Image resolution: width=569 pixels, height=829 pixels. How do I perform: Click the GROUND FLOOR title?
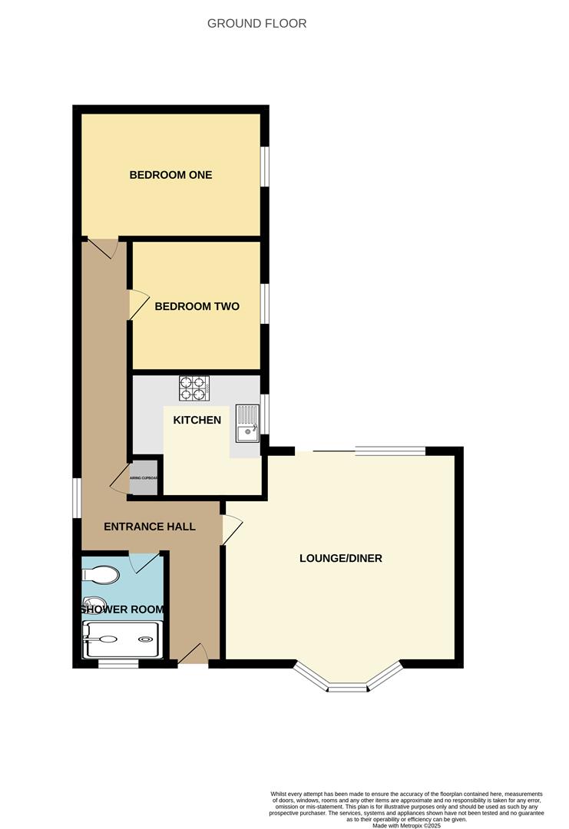(x=256, y=24)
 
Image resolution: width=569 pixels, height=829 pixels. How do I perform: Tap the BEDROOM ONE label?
(x=170, y=175)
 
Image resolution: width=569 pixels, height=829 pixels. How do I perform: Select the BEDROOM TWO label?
(x=197, y=306)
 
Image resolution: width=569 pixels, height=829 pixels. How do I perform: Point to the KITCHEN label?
(x=197, y=420)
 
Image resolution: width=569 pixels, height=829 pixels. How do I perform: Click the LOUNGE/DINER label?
(x=340, y=558)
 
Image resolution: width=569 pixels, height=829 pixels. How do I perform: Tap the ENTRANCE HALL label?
(x=150, y=527)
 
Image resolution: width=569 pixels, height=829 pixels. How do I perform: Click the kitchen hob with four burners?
(x=194, y=388)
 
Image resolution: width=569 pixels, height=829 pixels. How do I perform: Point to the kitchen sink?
(x=247, y=424)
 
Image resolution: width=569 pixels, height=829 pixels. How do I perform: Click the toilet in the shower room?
(x=101, y=575)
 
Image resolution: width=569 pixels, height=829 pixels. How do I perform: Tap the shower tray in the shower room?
(x=123, y=639)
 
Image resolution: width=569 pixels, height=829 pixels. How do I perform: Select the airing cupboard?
(x=144, y=477)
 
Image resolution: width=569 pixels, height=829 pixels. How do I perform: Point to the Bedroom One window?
(x=264, y=166)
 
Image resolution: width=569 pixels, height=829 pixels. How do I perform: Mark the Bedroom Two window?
(x=264, y=304)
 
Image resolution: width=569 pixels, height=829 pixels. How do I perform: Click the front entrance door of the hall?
(x=194, y=655)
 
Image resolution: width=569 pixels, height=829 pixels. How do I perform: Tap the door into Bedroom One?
(x=104, y=248)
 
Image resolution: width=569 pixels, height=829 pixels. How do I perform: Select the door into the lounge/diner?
(x=232, y=530)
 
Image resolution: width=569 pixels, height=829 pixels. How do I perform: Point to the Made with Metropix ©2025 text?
(x=406, y=825)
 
